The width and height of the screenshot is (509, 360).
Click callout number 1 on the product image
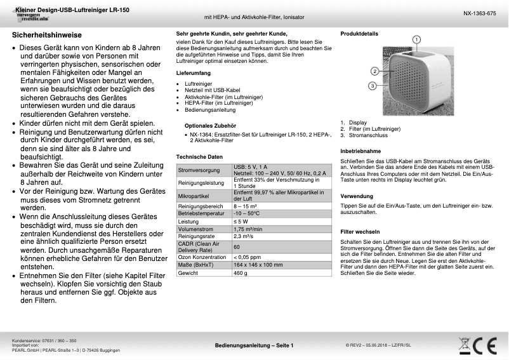click(416, 39)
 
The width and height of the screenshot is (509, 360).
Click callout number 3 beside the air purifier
click(373, 85)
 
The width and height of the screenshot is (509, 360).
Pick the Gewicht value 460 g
click(241, 272)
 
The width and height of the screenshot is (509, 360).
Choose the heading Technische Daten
click(199, 157)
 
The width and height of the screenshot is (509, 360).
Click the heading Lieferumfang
click(193, 74)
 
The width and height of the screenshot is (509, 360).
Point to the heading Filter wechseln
click(360, 232)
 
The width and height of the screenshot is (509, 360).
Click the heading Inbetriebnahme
click(360, 151)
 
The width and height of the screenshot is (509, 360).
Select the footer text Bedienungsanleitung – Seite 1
click(254, 345)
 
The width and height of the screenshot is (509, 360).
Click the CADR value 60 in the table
click(237, 246)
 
